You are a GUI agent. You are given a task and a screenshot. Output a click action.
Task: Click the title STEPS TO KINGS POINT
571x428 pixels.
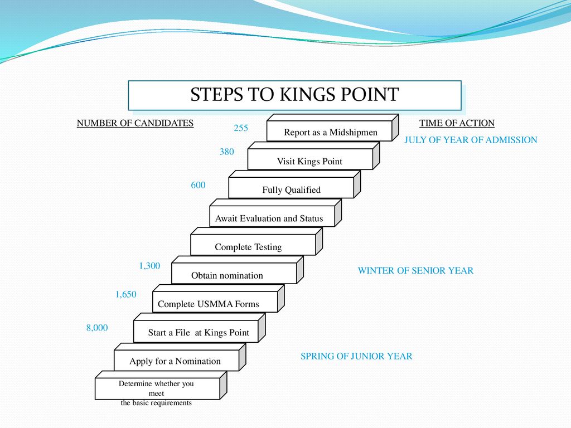click(x=294, y=95)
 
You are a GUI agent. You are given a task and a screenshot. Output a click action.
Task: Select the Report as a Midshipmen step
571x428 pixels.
click(x=330, y=132)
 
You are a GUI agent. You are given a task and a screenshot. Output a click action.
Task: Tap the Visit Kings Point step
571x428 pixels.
click(x=309, y=161)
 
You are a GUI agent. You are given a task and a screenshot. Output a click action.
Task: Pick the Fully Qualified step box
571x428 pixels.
click(x=291, y=189)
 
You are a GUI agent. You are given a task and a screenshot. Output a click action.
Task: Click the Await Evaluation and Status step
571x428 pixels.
click(x=269, y=218)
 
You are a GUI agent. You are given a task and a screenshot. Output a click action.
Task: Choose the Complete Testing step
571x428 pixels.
click(x=248, y=246)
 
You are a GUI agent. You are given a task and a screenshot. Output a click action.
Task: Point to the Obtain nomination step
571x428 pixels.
click(x=227, y=275)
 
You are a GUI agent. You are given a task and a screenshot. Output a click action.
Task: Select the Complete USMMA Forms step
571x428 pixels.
click(x=209, y=304)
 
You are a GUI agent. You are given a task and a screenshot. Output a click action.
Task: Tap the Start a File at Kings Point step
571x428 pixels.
click(x=199, y=332)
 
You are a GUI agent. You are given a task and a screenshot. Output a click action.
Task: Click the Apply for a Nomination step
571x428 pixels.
click(x=175, y=361)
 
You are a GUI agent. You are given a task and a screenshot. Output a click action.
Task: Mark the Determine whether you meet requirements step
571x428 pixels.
click(x=156, y=392)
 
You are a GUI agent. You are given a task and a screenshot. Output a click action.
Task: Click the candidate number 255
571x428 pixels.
click(x=240, y=128)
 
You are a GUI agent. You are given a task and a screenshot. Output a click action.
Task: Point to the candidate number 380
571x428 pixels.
click(x=226, y=151)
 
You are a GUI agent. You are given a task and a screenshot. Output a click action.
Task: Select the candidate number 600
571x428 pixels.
click(x=198, y=185)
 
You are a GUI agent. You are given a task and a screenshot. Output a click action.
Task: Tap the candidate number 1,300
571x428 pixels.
click(x=149, y=266)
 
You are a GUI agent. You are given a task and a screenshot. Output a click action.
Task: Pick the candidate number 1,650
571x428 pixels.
click(x=126, y=294)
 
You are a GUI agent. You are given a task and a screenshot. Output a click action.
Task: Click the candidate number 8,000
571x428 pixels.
click(x=96, y=328)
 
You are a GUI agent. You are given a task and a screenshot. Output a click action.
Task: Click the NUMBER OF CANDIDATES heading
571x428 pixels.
click(x=135, y=123)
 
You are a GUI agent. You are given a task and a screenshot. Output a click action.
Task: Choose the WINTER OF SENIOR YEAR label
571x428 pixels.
click(x=415, y=271)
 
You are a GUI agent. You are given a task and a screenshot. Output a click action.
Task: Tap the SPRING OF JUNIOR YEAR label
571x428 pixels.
click(x=356, y=356)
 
